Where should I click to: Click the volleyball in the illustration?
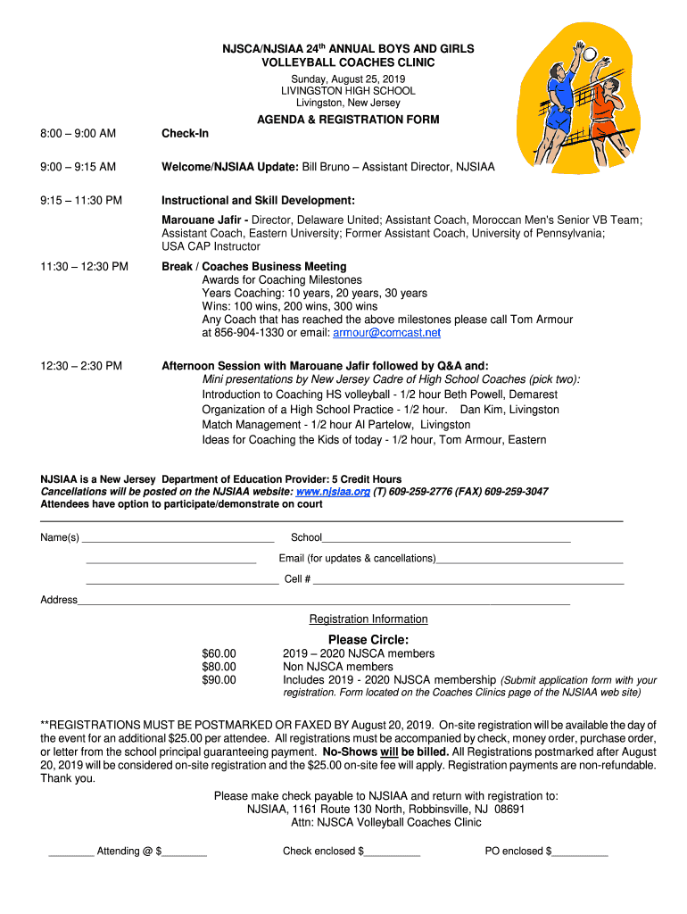[590, 54]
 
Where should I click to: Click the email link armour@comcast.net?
[386, 333]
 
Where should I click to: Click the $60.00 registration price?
[219, 653]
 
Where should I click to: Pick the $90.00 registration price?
[219, 680]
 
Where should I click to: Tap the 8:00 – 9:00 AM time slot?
[79, 134]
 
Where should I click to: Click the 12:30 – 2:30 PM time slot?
[81, 365]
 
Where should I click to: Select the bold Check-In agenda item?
[185, 134]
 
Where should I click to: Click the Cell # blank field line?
[468, 583]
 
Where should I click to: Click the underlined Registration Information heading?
[368, 619]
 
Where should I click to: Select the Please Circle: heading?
[368, 639]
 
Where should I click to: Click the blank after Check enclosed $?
[392, 855]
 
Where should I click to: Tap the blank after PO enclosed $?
[580, 855]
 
